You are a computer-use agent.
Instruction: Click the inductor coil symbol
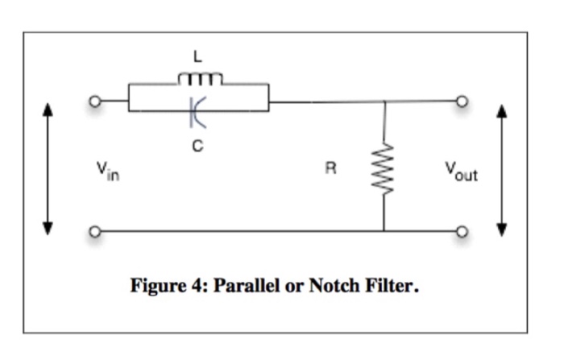tap(198, 78)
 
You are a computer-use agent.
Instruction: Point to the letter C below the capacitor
tap(197, 147)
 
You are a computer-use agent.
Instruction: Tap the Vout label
tap(460, 171)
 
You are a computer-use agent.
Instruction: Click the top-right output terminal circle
tap(462, 102)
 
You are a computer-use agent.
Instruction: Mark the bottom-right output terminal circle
tap(462, 232)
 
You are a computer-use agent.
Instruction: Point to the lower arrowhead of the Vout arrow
tap(504, 229)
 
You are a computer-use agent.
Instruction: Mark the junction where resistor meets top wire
tap(384, 102)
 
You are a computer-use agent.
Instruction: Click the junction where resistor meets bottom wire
tap(384, 232)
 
